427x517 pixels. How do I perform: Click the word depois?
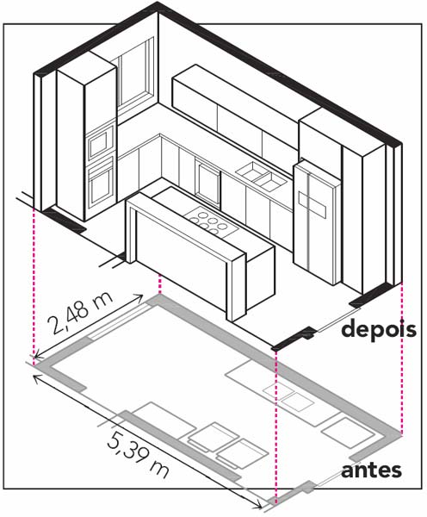[x=379, y=330]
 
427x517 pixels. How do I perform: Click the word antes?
[x=371, y=470]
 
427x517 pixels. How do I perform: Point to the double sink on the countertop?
[x=262, y=176]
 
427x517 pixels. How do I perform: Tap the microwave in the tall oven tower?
[x=101, y=142]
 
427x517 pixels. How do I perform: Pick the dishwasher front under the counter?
[x=207, y=183]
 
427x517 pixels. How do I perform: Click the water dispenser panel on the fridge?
[x=313, y=202]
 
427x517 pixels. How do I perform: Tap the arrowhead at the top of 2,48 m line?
[x=139, y=297]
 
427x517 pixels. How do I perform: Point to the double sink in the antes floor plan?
[x=288, y=396]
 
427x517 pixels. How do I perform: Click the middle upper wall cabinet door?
[x=239, y=124]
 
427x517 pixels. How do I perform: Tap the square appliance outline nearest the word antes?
[x=348, y=433]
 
